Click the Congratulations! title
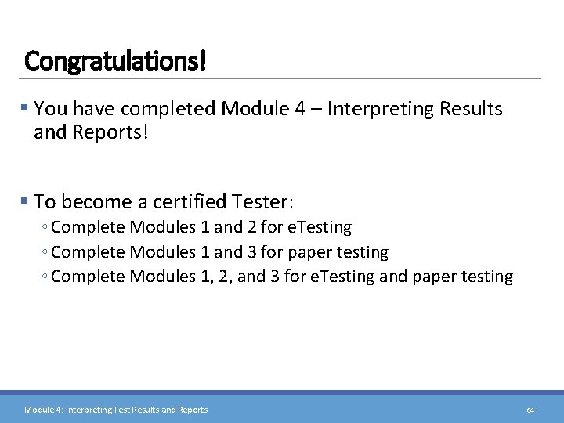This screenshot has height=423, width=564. coord(115,60)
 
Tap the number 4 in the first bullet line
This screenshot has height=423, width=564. coord(301,109)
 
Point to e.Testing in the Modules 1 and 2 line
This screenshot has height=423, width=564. coord(320,228)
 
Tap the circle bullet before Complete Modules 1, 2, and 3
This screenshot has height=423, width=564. coord(45,277)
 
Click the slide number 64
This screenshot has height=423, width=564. coord(530,410)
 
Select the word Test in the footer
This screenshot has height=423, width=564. coord(121,410)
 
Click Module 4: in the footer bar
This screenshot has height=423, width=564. coord(43,410)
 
